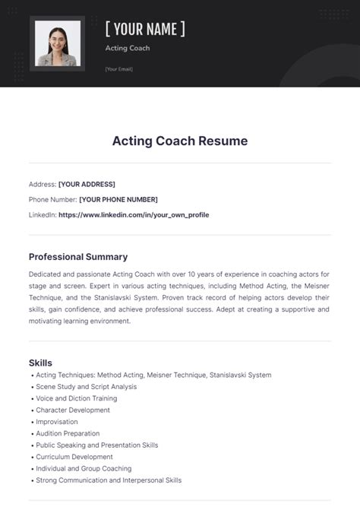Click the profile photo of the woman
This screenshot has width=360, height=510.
click(x=57, y=45)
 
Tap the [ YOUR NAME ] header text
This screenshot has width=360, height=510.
click(x=145, y=29)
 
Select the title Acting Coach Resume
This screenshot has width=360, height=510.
click(x=180, y=141)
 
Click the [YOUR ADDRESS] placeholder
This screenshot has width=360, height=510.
click(x=87, y=184)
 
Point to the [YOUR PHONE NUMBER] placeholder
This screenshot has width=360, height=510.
click(x=118, y=199)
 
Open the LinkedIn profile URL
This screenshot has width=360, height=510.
click(x=134, y=214)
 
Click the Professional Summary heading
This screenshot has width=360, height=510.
click(x=77, y=257)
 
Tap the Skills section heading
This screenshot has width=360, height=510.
click(x=40, y=363)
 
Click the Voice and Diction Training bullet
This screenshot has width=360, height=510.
click(x=76, y=398)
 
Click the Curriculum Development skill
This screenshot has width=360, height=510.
click(x=74, y=457)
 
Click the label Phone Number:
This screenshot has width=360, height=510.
click(x=52, y=199)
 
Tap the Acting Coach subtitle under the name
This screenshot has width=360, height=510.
click(x=127, y=48)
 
